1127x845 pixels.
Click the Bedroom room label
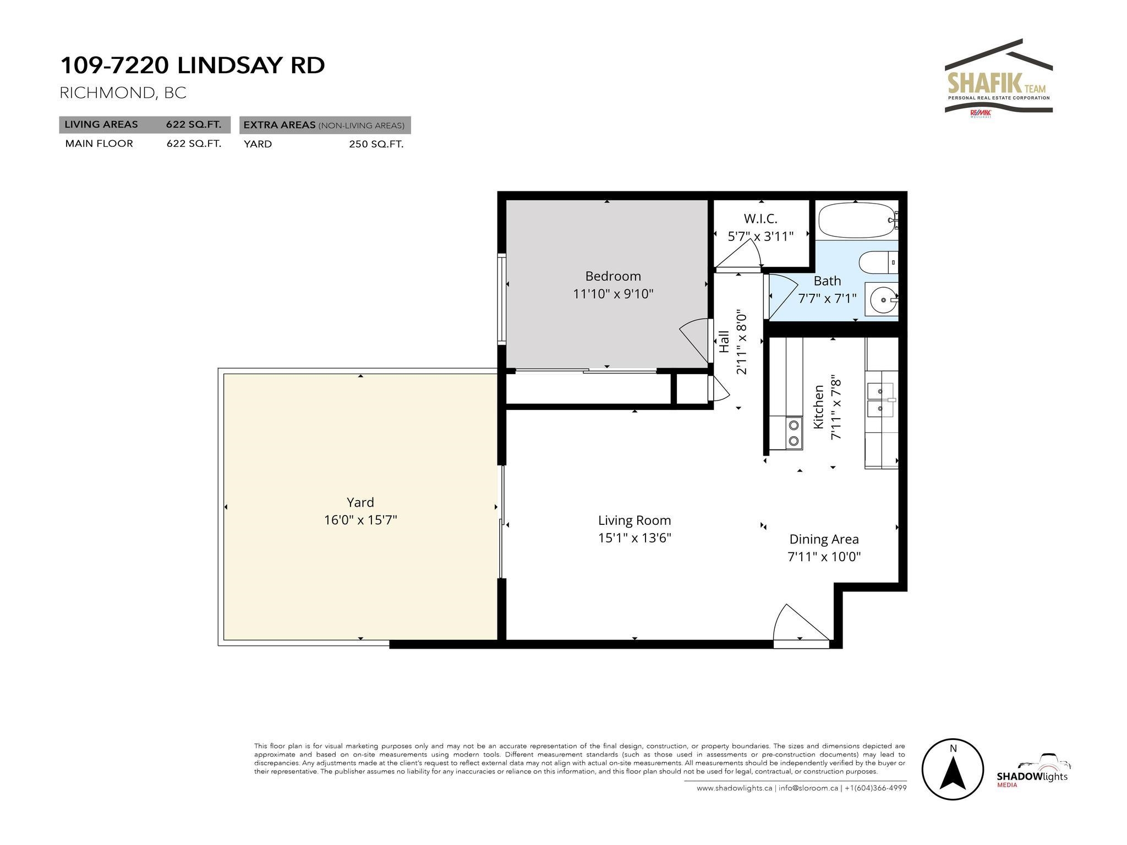[x=613, y=276]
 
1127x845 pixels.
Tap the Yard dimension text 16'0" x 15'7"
[x=360, y=520]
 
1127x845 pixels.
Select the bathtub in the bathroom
[x=858, y=220]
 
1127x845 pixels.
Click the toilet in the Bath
[x=878, y=262]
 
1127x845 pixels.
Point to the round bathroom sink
[x=882, y=300]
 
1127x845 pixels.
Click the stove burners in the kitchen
[x=794, y=432]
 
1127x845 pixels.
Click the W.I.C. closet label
[x=761, y=218]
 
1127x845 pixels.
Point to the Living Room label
[x=634, y=520]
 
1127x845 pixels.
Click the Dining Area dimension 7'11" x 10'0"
[x=824, y=557]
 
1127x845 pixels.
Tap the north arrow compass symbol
[x=953, y=769]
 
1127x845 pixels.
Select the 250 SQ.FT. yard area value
[x=376, y=145]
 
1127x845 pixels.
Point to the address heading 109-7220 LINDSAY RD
[x=193, y=65]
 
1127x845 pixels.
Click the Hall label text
[x=724, y=342]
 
